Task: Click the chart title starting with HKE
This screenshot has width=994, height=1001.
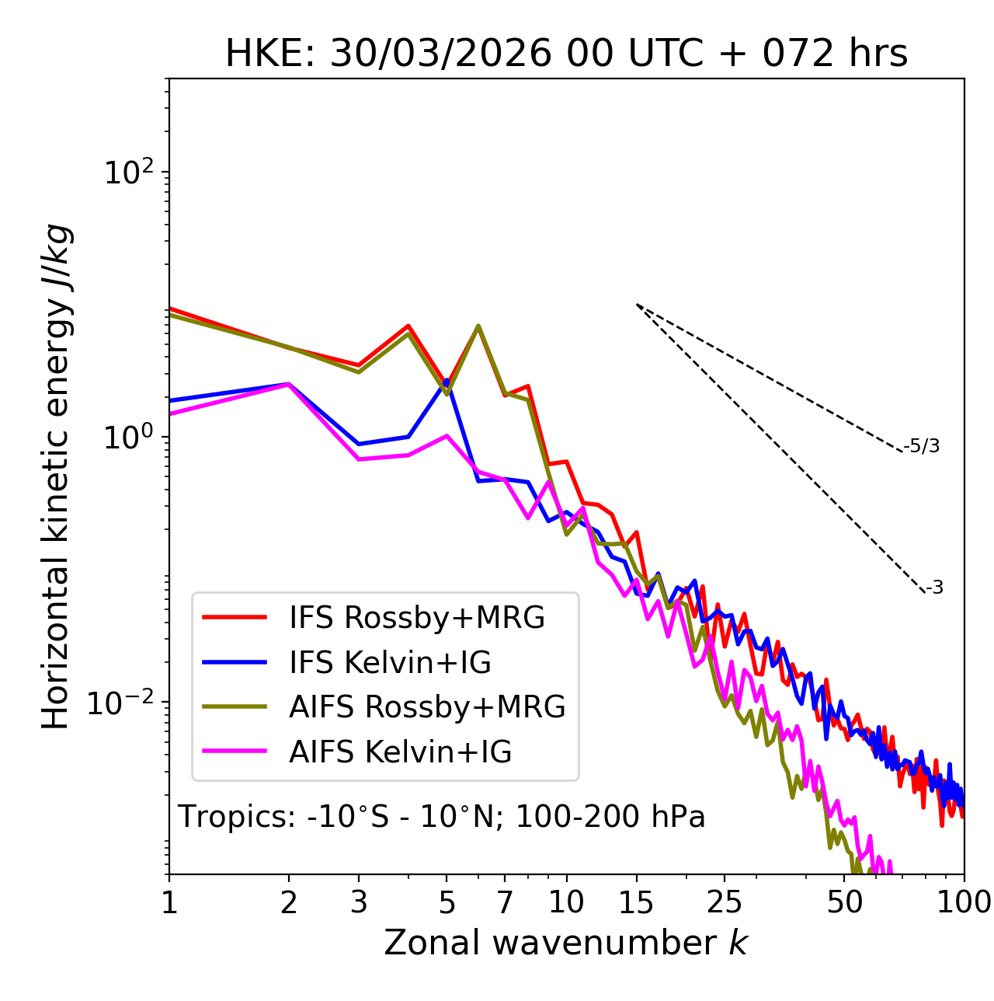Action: coord(566,54)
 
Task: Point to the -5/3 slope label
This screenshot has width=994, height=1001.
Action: coord(922,446)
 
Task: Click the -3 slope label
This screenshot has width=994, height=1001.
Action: coord(934,588)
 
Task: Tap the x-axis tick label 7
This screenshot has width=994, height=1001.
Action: coord(505,902)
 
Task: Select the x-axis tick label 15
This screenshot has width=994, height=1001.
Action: coord(637,902)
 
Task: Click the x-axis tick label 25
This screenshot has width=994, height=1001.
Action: coord(725,902)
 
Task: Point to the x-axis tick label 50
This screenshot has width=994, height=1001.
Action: coord(844,902)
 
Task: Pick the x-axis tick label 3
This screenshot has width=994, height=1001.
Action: coord(358,902)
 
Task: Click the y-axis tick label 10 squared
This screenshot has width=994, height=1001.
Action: coord(127,172)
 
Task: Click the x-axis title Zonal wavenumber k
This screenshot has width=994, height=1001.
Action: coord(566,943)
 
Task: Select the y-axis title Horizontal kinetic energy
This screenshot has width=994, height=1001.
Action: coord(56,476)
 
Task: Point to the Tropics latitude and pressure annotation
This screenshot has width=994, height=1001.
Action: coord(442,817)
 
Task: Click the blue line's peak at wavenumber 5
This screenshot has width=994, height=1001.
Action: coord(447,381)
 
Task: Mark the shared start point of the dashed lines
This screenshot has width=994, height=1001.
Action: coord(637,304)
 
